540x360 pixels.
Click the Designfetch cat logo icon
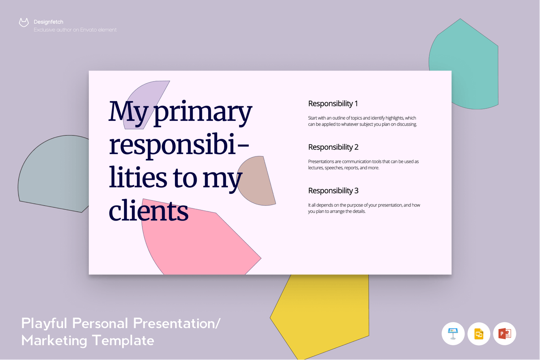tap(24, 22)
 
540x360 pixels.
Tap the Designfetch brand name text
tap(48, 22)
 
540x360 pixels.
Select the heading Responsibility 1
tap(333, 104)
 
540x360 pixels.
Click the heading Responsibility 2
tap(333, 147)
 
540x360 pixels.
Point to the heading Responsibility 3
tap(333, 191)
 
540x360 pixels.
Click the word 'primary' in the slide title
tap(203, 113)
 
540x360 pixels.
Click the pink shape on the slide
tap(200, 243)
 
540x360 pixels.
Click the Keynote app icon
tap(453, 334)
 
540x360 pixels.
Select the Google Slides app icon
tap(479, 334)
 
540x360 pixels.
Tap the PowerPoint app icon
tap(505, 334)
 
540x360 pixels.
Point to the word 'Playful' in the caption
tap(44, 324)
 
